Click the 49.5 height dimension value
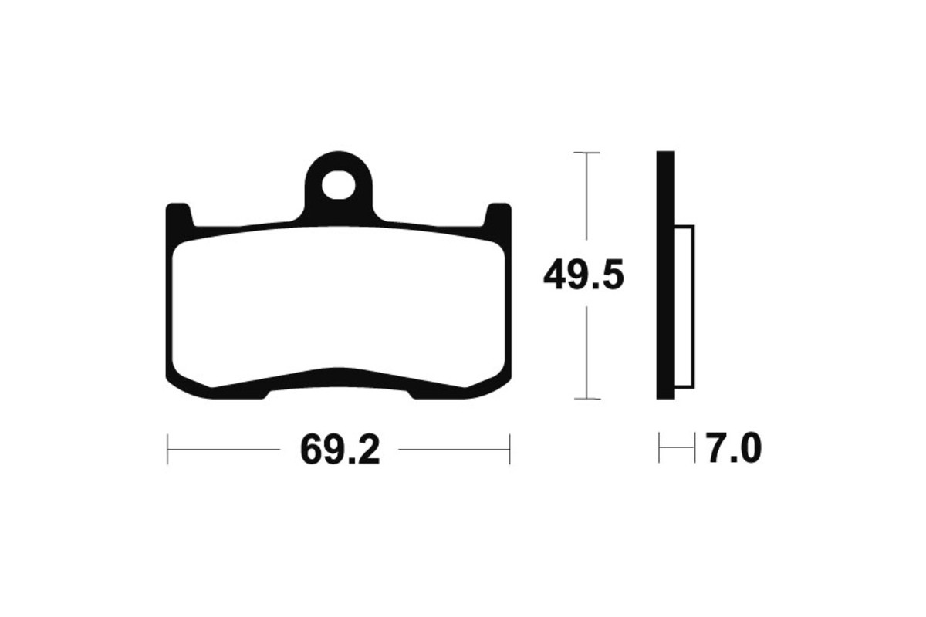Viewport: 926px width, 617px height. point(583,275)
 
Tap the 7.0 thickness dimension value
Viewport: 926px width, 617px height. point(733,448)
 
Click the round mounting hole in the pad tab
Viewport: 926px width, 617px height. point(339,185)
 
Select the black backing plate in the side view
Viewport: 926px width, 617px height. point(665,275)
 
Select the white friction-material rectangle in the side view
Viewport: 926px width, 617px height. point(684,307)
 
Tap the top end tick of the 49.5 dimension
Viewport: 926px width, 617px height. point(586,153)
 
